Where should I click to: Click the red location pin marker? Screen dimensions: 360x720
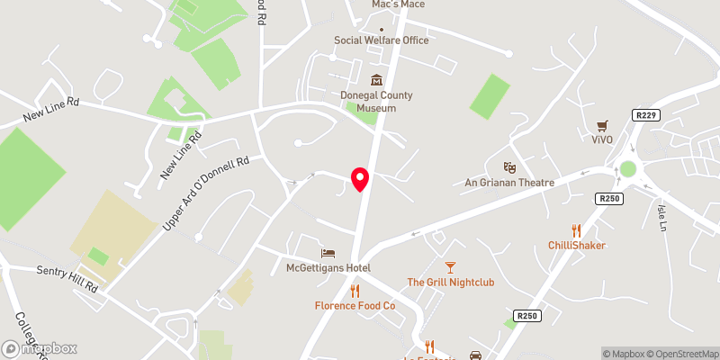coord(360,179)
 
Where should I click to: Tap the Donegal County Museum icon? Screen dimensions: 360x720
coord(376,80)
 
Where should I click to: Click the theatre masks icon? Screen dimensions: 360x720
coord(509,167)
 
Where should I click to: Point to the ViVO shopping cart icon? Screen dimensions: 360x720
coord(602,125)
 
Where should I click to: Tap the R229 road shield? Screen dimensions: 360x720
coord(646,116)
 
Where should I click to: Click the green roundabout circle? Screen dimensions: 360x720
coord(627,168)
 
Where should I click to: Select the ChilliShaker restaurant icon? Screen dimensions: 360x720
coord(576,230)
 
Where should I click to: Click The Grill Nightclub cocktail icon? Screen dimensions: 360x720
coord(450,267)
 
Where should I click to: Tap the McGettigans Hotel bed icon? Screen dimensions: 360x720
coord(328,254)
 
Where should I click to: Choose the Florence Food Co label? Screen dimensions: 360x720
coord(355,306)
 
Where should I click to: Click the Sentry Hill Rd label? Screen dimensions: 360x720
coord(67,277)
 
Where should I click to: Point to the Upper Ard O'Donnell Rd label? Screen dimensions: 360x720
coord(205,193)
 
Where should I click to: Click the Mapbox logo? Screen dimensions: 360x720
coord(40,348)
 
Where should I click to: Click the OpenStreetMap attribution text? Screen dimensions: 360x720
coord(683,354)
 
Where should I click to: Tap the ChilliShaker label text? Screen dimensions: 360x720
coord(576,246)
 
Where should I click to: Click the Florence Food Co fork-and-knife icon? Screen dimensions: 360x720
coord(355,291)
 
